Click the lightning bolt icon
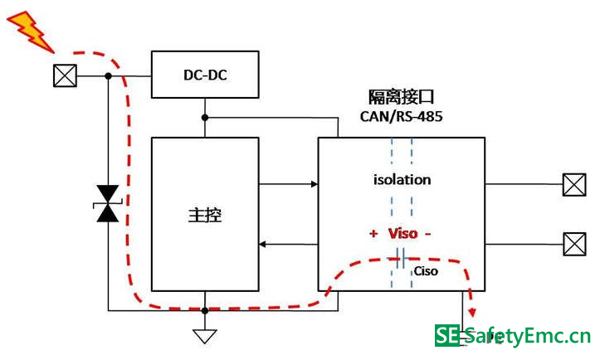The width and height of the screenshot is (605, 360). point(29,29)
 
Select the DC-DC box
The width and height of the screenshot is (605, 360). point(205,75)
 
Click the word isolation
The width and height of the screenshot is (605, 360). point(402,179)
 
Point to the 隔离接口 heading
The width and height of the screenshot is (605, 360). point(401,96)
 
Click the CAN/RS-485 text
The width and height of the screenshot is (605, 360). point(401,117)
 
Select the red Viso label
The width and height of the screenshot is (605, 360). point(403,234)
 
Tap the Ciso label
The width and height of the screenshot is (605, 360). point(426,271)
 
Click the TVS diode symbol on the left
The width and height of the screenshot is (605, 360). point(108,203)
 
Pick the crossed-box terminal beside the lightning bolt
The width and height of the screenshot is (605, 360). point(64,76)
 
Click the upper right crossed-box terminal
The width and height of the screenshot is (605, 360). point(573,184)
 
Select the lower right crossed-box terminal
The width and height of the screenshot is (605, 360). point(573,244)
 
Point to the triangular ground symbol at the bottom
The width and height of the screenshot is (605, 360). point(205,335)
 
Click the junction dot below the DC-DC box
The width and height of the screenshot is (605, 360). point(205,117)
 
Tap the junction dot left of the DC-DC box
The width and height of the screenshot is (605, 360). point(108,76)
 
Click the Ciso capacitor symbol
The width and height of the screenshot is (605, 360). point(401,257)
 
